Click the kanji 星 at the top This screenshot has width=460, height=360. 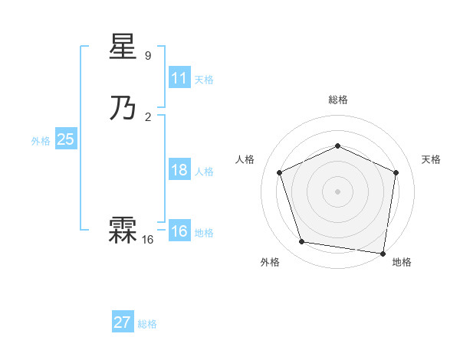tap(123, 48)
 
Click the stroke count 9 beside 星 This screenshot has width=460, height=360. tap(148, 56)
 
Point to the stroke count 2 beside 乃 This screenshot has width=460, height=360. tap(148, 116)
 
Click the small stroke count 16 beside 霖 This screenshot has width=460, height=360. tap(147, 240)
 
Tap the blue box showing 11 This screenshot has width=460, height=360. tap(179, 78)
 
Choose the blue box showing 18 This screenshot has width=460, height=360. tap(179, 170)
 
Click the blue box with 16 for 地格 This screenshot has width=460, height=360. tap(179, 231)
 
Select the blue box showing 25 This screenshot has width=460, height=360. tap(66, 139)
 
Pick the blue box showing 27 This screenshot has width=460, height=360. tap(123, 322)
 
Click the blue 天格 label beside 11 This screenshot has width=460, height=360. tap(204, 80)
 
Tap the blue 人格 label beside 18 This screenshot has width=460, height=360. tap(204, 172)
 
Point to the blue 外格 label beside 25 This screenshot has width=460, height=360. tap(41, 141)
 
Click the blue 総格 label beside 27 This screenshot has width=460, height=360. tap(147, 324)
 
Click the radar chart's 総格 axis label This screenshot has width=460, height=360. tap(337, 100)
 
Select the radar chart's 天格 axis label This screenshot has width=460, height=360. tap(431, 159)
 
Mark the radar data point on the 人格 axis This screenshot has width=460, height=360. tap(279, 172)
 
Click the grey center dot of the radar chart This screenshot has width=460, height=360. tap(337, 191)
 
